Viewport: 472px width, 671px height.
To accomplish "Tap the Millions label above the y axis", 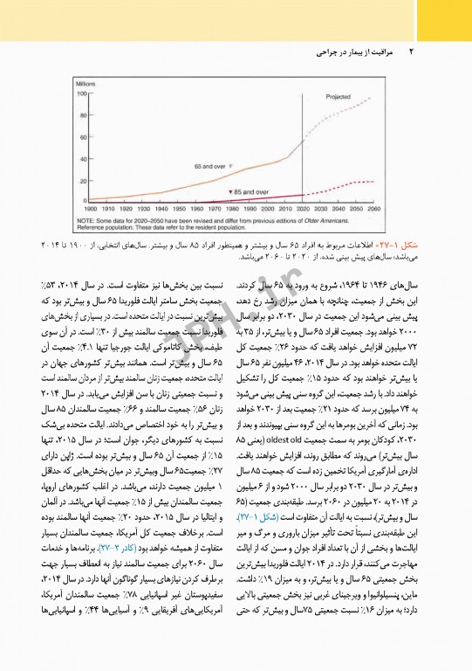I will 86,82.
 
